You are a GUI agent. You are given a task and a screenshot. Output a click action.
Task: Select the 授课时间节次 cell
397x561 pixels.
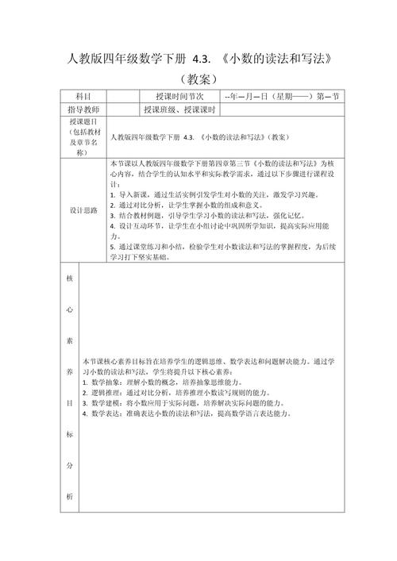(x=178, y=96)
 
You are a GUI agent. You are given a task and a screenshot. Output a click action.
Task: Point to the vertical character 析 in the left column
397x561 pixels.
(x=69, y=496)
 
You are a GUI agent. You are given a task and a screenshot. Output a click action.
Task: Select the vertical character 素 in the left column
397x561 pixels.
(x=69, y=341)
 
